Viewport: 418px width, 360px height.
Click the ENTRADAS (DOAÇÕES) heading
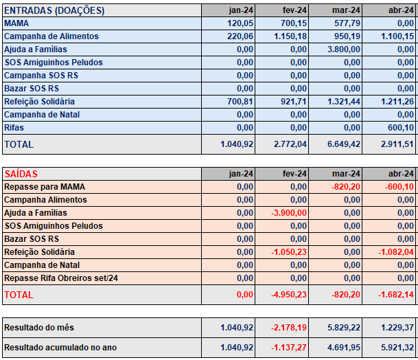[54, 10]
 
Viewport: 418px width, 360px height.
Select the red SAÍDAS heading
[21, 174]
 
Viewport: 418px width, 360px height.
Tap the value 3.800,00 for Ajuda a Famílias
[344, 49]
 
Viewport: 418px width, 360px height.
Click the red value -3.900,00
[289, 213]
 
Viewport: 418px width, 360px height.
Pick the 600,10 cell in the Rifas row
[401, 128]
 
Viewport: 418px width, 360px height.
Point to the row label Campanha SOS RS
[41, 76]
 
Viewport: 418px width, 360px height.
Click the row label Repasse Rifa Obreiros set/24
[61, 278]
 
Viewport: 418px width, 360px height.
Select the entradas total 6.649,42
[344, 144]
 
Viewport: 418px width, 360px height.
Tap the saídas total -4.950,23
[289, 295]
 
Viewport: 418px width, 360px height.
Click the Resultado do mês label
[39, 328]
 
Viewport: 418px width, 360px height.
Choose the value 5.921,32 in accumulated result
[397, 348]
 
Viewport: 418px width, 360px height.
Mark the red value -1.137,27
[289, 348]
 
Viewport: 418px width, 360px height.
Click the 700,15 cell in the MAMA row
[294, 23]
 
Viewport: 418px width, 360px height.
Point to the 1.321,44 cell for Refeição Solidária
[344, 102]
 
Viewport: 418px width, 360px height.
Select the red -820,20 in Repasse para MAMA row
[346, 187]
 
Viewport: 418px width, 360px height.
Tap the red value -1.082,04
[396, 252]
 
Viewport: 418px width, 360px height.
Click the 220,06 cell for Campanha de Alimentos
[240, 36]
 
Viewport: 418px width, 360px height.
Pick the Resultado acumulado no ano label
[60, 348]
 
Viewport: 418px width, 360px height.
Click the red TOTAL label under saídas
[19, 295]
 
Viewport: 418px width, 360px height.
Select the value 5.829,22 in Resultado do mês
[344, 328]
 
